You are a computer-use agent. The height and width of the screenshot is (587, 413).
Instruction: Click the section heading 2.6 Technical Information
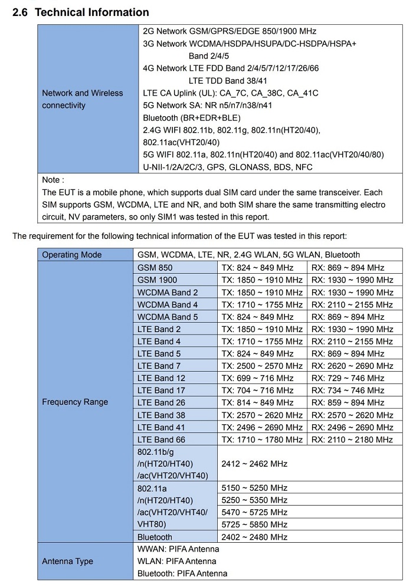81,12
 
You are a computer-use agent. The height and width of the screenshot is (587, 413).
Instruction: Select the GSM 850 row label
155,268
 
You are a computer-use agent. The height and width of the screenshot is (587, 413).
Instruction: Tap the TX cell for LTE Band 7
261,366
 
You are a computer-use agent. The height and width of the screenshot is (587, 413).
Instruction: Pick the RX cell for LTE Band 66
352,440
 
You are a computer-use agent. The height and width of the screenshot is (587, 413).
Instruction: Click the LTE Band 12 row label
161,378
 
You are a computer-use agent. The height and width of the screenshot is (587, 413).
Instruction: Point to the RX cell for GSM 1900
352,280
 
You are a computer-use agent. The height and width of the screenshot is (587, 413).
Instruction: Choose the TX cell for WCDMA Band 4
261,305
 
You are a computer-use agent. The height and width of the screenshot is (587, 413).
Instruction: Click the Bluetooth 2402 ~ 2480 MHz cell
254,537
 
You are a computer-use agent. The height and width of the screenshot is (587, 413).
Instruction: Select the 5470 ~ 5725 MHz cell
254,513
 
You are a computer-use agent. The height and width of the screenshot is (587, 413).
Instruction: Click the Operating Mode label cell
71,255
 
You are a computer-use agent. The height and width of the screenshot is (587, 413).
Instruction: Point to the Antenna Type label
67,561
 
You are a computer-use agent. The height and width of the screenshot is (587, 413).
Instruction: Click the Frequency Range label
75,402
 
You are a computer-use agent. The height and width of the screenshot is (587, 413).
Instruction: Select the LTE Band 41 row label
161,427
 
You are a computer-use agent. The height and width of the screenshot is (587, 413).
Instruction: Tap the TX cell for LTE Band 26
257,402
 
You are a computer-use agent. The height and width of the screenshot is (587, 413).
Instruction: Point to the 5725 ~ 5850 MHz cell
254,524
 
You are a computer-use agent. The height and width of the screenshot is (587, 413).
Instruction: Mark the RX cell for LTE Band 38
352,415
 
